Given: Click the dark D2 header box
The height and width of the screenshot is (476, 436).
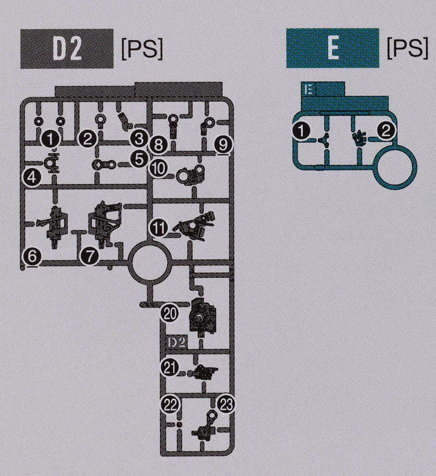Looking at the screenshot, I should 67,49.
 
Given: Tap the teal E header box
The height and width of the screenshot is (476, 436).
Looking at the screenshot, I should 332,49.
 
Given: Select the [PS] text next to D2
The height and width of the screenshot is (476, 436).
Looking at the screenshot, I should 141,50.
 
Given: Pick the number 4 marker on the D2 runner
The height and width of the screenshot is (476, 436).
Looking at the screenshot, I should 32,177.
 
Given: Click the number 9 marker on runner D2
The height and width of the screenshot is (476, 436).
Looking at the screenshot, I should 221,145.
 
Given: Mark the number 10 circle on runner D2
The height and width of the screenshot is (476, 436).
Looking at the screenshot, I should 158,168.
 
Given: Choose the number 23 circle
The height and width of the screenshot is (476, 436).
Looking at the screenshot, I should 226,404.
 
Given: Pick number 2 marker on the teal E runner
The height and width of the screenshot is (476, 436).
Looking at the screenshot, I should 385,130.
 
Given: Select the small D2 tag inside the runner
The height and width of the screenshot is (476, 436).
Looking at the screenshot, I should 175,342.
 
